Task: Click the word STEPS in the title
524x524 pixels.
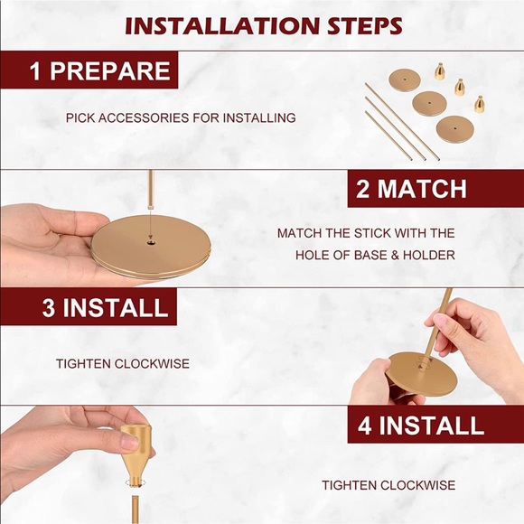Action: click(365, 25)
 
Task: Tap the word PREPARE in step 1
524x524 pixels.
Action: click(110, 70)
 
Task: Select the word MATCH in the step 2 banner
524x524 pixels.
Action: click(422, 189)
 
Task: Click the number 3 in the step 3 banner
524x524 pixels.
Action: click(49, 307)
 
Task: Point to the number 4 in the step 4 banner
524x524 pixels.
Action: click(365, 426)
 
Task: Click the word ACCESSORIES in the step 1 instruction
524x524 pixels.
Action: click(145, 118)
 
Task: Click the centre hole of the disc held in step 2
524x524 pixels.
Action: click(152, 241)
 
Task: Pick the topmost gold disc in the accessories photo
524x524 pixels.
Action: click(405, 80)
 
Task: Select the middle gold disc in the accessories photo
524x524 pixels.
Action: click(429, 103)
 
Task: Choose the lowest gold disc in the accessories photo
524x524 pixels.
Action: click(454, 129)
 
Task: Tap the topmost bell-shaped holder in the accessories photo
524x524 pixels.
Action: click(439, 71)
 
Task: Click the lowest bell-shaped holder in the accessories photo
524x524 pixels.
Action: click(480, 104)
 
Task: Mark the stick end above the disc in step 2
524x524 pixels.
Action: click(150, 207)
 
